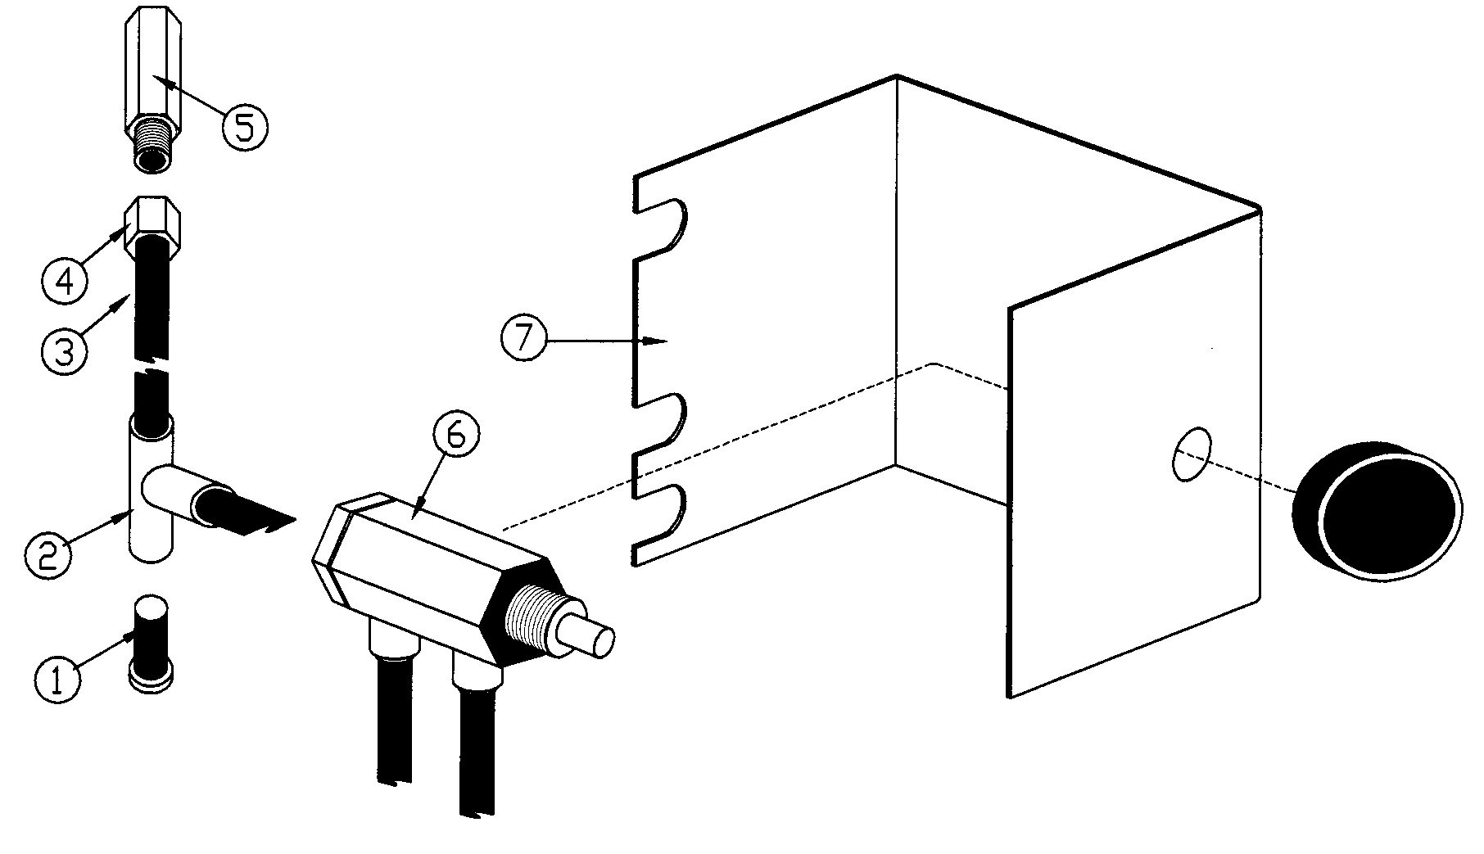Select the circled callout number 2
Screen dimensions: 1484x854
point(47,555)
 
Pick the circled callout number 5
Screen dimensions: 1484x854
point(244,129)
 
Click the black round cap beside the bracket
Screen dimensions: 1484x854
point(1376,512)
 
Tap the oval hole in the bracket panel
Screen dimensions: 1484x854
point(1192,454)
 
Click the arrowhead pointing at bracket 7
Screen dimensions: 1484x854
point(655,341)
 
